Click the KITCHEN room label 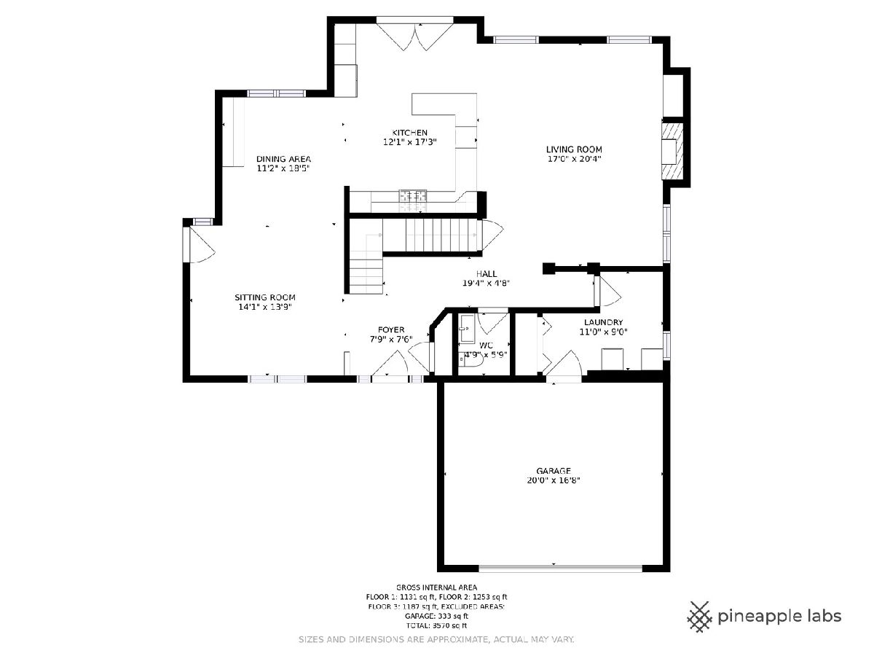coord(410,133)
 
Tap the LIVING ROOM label coord(574,149)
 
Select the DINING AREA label coord(283,159)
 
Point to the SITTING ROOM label coord(265,297)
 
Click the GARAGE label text coord(554,471)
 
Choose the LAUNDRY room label coord(603,322)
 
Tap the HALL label coord(487,273)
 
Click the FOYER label coord(391,329)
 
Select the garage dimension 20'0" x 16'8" coord(554,480)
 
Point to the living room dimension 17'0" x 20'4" coord(574,159)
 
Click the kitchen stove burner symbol coord(413,195)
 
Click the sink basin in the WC coord(466,329)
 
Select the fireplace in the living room coord(672,152)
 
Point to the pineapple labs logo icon coord(700,617)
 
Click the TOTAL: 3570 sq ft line coord(436,625)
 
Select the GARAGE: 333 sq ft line coord(436,616)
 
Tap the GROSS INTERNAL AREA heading coord(436,587)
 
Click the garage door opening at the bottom coord(560,568)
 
